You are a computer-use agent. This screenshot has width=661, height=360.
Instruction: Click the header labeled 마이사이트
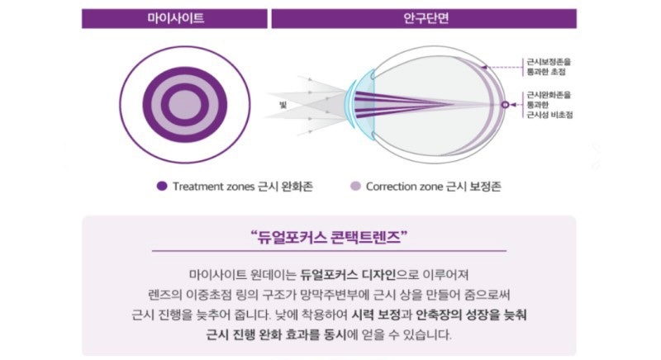(175, 18)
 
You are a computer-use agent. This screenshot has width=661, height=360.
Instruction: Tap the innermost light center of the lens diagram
(184, 104)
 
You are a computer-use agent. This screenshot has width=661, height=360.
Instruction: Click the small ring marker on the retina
(505, 104)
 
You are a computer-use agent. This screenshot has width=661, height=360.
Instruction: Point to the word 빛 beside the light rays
(283, 105)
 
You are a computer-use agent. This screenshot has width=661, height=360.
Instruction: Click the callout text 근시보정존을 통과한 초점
(549, 67)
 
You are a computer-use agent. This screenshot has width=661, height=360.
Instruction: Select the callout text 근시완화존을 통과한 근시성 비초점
(549, 105)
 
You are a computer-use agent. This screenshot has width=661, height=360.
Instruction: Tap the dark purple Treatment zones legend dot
(162, 186)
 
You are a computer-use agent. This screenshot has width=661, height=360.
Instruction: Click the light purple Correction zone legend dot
(356, 186)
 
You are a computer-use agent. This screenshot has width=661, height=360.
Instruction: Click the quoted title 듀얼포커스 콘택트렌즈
(329, 237)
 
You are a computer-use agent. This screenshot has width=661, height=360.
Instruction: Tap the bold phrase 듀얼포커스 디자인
(348, 275)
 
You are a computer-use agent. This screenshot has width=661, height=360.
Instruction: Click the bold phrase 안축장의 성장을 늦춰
(471, 315)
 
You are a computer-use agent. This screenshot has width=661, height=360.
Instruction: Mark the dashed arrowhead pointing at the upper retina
(484, 67)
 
